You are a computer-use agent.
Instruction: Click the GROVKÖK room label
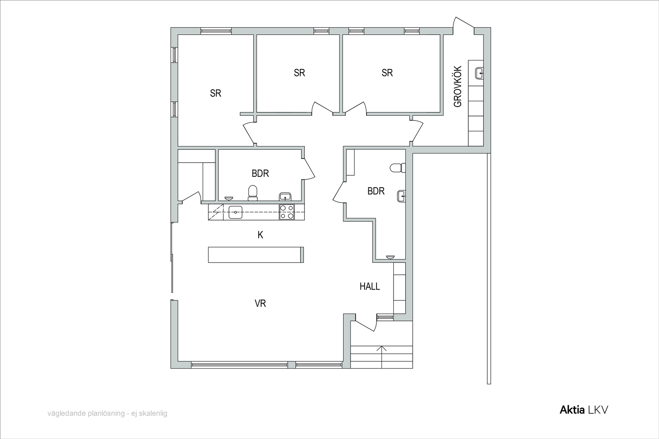pyautogui.click(x=458, y=86)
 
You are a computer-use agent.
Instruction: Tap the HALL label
pyautogui.click(x=370, y=286)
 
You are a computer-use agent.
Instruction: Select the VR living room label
pyautogui.click(x=260, y=303)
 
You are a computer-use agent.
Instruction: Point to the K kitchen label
pyautogui.click(x=260, y=235)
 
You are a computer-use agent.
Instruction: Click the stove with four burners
pyautogui.click(x=287, y=212)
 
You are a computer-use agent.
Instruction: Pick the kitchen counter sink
pyautogui.click(x=235, y=212)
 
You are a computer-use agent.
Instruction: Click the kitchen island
pyautogui.click(x=256, y=255)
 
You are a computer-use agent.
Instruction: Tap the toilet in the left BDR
pyautogui.click(x=253, y=193)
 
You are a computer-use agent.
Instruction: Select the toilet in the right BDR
pyautogui.click(x=398, y=168)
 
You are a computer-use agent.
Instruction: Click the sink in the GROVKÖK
pyautogui.click(x=479, y=73)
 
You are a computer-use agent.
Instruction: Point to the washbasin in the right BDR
pyautogui.click(x=402, y=196)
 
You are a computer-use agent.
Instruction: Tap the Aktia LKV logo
pyautogui.click(x=584, y=410)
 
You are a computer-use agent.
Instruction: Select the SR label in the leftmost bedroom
pyautogui.click(x=216, y=93)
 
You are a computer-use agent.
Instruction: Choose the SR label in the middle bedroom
pyautogui.click(x=299, y=72)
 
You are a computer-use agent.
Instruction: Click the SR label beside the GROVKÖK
pyautogui.click(x=387, y=72)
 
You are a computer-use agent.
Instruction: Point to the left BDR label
pyautogui.click(x=260, y=173)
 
